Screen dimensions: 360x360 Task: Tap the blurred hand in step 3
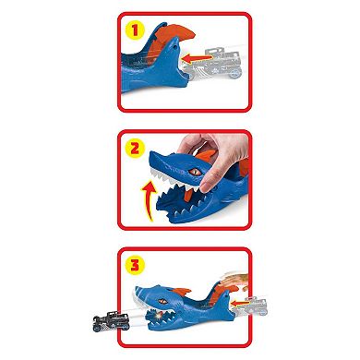click(222, 273)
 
